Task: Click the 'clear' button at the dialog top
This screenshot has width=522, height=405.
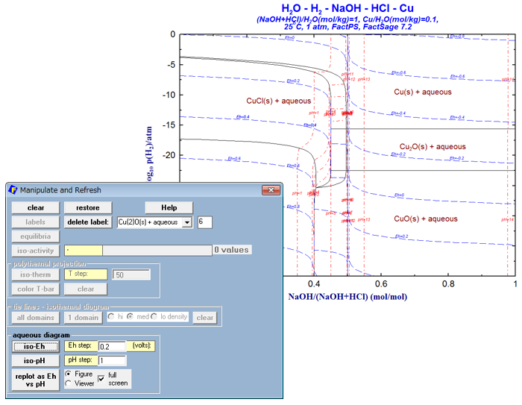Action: point(35,207)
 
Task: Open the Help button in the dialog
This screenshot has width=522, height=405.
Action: point(169,207)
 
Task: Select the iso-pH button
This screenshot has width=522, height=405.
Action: point(35,360)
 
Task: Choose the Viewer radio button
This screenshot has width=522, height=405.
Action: point(69,383)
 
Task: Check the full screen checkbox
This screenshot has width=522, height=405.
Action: point(101,378)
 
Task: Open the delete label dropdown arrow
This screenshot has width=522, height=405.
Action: point(187,222)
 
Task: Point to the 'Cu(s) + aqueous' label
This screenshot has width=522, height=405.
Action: point(423,92)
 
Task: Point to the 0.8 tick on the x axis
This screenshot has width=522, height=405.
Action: point(448,284)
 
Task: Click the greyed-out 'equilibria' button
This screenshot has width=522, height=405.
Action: point(35,236)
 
